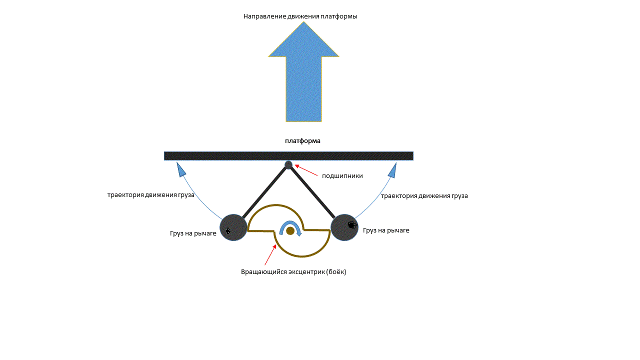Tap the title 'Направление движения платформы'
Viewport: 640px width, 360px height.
point(300,16)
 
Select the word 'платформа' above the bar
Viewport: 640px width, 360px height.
point(302,141)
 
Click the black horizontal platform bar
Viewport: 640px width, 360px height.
point(288,156)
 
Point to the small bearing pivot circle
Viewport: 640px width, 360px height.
point(288,165)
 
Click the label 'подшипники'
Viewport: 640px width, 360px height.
point(342,176)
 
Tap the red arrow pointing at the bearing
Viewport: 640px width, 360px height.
point(306,170)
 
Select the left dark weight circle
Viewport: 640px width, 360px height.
point(233,227)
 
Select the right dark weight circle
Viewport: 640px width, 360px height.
point(345,227)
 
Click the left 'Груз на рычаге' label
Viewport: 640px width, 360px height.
point(193,233)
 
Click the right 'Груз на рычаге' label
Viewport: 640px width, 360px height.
point(386,230)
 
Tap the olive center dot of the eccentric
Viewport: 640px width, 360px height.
point(290,230)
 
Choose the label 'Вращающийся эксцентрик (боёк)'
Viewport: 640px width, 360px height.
point(293,272)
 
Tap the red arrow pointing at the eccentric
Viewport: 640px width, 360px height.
point(270,254)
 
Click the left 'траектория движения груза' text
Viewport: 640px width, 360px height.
point(151,195)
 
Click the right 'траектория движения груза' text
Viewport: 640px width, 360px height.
point(424,196)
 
